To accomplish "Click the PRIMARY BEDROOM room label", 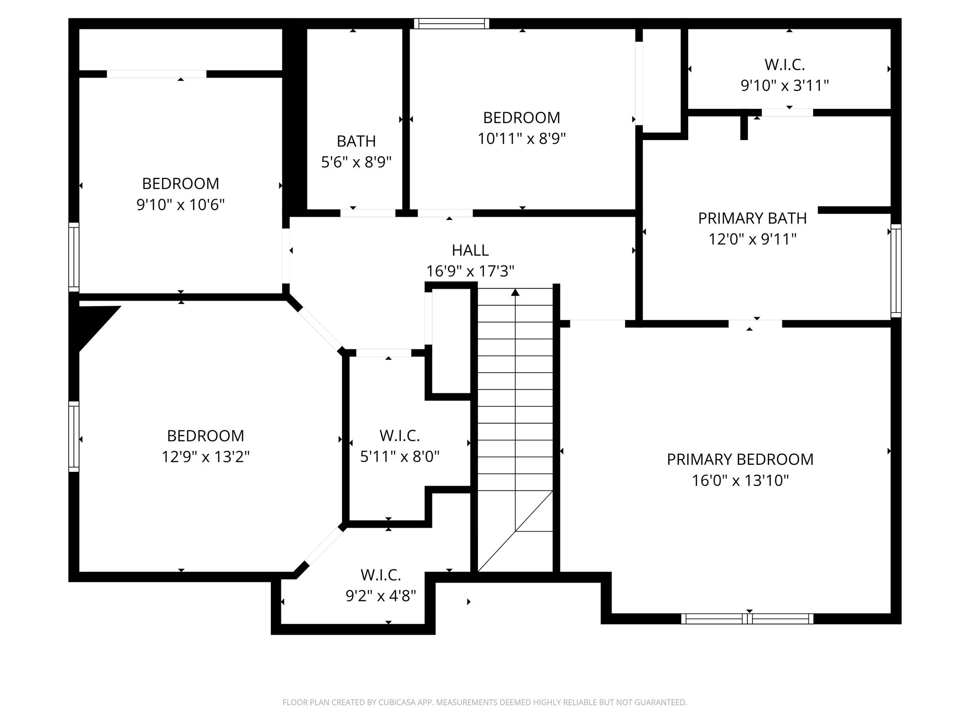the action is [740, 459].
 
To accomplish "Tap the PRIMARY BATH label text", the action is [752, 218].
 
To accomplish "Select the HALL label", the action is [470, 250].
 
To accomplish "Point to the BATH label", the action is [356, 141].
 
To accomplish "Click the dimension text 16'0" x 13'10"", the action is [740, 480].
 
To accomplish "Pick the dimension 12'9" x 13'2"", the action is [206, 457].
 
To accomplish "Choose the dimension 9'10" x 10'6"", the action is [180, 204].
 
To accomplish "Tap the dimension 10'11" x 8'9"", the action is [522, 138].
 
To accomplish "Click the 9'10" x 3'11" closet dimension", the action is [785, 85].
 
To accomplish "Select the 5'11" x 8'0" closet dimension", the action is [400, 456].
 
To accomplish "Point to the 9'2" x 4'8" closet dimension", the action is [381, 595].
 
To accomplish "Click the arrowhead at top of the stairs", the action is [515, 292].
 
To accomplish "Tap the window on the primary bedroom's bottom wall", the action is [747, 619].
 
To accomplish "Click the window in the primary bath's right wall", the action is [896, 271].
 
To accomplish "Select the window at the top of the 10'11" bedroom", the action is [451, 24].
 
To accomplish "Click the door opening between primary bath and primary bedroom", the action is [755, 324].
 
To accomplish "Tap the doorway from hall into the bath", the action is [368, 213].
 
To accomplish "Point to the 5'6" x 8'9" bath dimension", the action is [356, 162].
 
